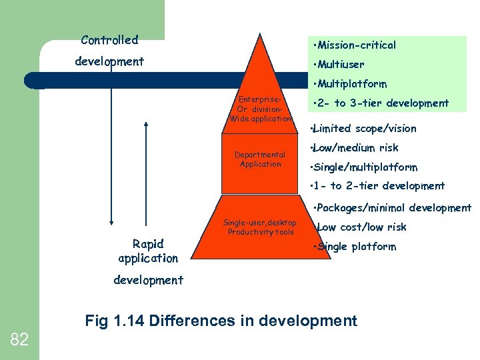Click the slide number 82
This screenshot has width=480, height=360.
click(19, 340)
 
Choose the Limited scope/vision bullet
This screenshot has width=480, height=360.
click(364, 128)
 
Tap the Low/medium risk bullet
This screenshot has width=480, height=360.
click(356, 147)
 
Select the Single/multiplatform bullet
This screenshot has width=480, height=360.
click(365, 167)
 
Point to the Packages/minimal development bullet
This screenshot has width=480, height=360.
click(393, 208)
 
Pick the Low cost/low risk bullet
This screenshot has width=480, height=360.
click(361, 227)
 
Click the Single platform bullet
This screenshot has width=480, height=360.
click(356, 247)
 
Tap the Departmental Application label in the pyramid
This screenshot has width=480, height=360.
click(260, 159)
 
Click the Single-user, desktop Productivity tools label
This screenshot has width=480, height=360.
click(260, 227)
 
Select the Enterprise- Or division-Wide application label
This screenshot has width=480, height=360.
click(260, 109)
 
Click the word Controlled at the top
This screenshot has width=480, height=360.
click(109, 40)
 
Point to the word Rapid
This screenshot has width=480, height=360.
click(148, 244)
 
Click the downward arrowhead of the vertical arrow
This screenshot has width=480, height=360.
click(112, 224)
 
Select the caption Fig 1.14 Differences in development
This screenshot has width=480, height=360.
click(221, 321)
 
